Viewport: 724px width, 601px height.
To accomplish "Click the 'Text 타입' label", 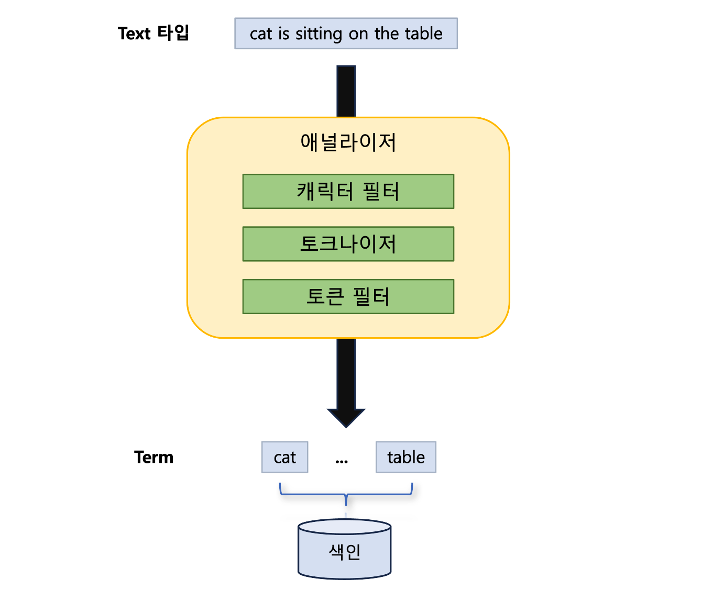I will (x=153, y=34).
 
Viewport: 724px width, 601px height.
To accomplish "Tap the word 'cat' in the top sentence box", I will (x=261, y=34).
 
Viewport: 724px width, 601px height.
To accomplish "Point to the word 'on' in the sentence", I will (x=358, y=35).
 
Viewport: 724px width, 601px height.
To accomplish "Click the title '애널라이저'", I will (x=348, y=142).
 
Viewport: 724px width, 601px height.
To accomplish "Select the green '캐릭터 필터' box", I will (x=348, y=192).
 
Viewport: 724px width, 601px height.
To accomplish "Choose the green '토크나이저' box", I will (x=348, y=244).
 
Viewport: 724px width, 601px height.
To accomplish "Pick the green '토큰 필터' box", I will (x=348, y=297).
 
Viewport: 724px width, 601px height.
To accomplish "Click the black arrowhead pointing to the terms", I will (x=346, y=417).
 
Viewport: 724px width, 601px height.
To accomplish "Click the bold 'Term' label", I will (x=153, y=457).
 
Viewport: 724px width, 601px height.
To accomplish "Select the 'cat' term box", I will (x=284, y=457).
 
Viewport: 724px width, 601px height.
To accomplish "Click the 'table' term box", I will (x=405, y=457).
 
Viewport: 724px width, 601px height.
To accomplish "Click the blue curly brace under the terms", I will (x=346, y=494).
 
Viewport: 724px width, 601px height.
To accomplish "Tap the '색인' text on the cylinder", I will (x=344, y=552).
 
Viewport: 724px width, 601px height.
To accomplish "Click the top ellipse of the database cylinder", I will (x=344, y=527).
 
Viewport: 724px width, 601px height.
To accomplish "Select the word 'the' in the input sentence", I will (x=387, y=34).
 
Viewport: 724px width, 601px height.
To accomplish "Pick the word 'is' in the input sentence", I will (x=283, y=34).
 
